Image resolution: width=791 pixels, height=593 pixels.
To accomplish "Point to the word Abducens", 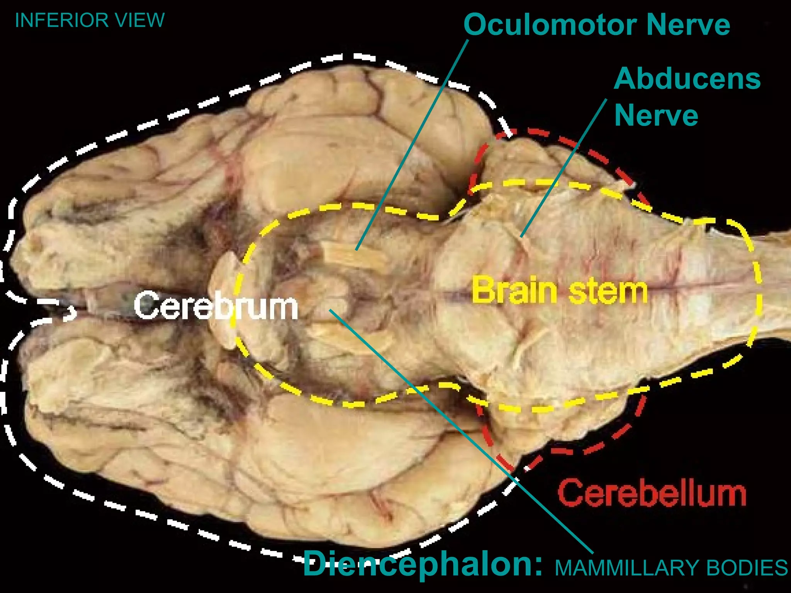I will point(687,79).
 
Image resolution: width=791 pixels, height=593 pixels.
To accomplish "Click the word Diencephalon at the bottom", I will point(423,564).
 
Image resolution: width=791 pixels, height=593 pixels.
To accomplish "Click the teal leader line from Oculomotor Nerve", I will point(412,145).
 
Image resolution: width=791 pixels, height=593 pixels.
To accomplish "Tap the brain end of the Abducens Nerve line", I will point(521,236).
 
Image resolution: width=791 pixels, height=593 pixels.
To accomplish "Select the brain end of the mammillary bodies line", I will point(330,310).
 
